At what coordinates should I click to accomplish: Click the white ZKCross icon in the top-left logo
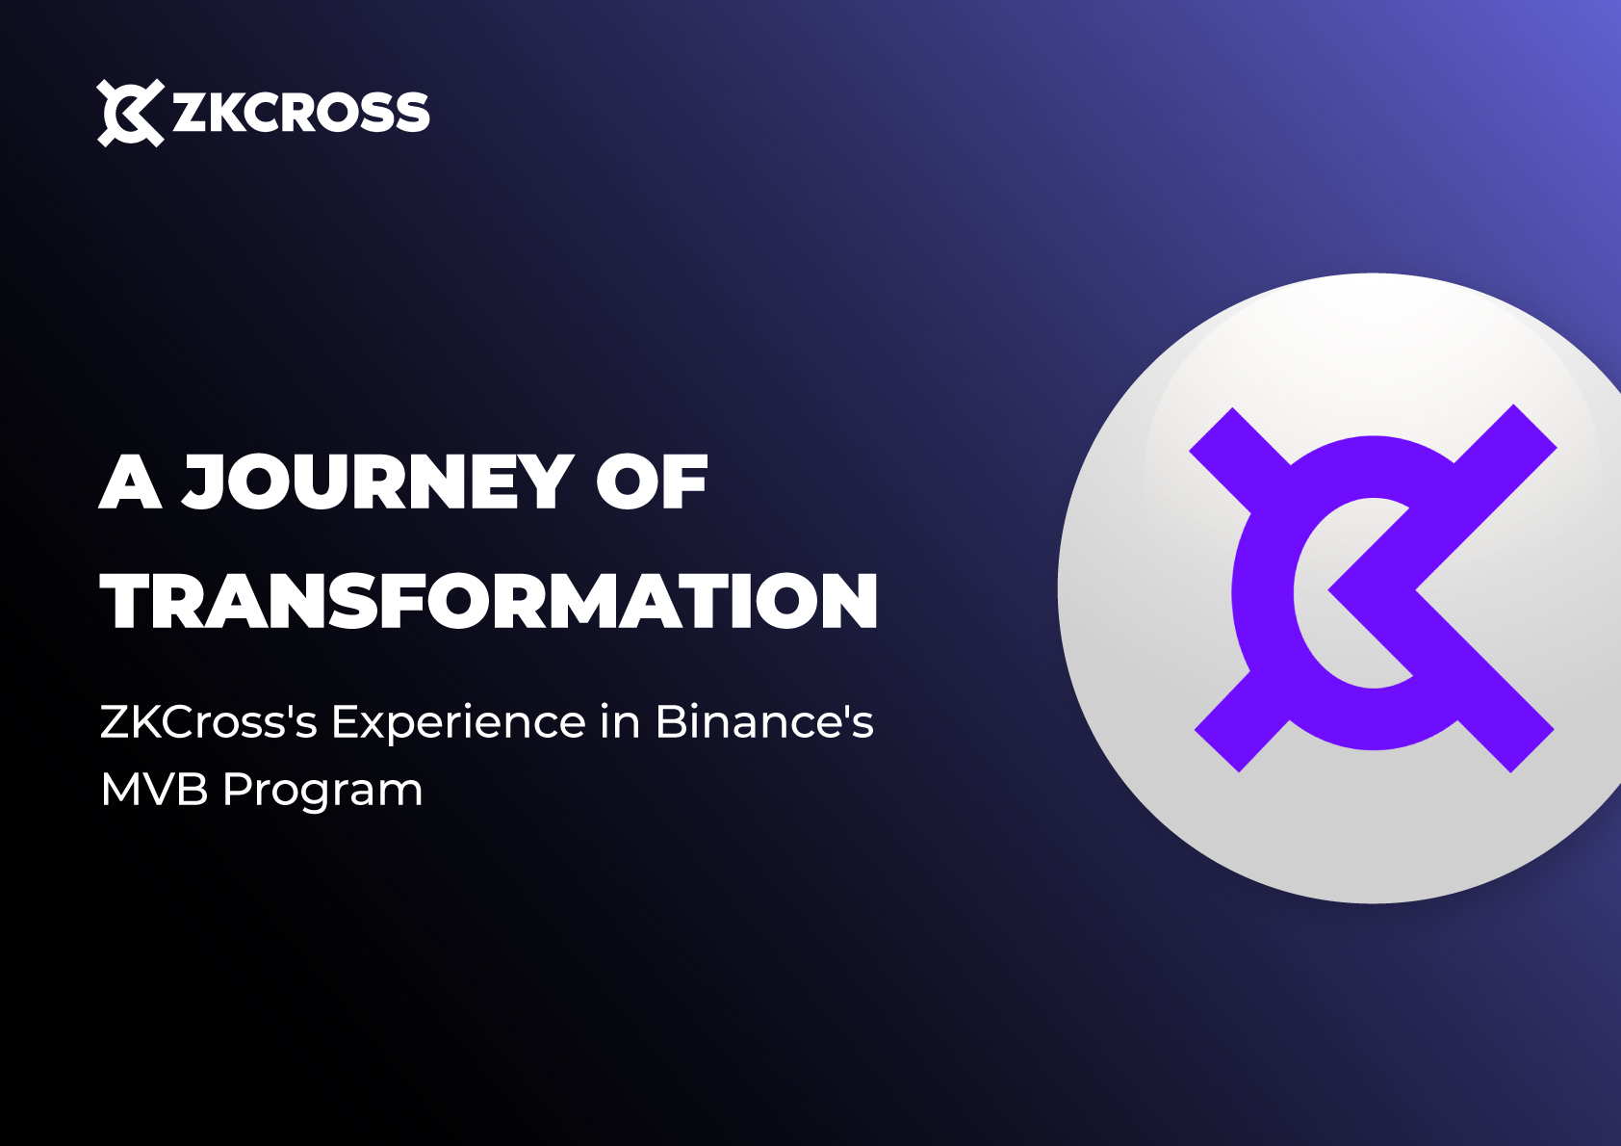pos(130,113)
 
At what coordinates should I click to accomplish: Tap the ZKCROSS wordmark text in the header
pos(300,113)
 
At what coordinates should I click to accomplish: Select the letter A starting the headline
pos(130,482)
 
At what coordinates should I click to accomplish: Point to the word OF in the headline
pos(651,482)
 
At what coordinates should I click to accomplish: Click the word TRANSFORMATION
pos(489,601)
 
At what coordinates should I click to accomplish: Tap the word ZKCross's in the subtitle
pos(208,722)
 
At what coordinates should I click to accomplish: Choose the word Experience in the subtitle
pos(458,722)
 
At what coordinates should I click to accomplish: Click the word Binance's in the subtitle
pos(763,722)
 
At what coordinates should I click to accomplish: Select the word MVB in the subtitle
pos(154,790)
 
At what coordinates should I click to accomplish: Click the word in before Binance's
pos(620,722)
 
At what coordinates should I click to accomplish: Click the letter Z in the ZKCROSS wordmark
pos(189,113)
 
